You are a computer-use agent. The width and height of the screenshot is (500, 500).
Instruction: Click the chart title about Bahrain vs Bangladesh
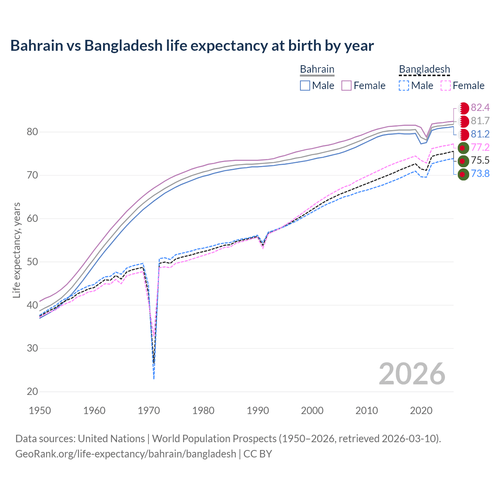point(192,46)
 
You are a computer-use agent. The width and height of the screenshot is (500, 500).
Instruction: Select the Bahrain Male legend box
point(305,86)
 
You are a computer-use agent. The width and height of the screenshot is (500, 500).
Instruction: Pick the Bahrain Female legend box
point(346,86)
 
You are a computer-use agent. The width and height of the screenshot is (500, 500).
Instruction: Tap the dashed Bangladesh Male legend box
point(404,86)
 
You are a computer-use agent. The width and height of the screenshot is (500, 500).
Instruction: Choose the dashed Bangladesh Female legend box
point(446,86)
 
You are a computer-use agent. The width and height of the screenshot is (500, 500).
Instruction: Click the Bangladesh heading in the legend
point(424,70)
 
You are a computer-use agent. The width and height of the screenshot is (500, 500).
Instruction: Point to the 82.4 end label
point(480,107)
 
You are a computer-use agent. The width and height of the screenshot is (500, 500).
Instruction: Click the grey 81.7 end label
point(480,121)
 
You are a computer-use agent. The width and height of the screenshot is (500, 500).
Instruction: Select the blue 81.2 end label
point(480,134)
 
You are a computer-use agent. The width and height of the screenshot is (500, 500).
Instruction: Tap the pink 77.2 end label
point(480,147)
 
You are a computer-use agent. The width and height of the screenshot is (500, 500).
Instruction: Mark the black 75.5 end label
point(480,161)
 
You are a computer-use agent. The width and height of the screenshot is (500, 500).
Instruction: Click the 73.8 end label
point(480,174)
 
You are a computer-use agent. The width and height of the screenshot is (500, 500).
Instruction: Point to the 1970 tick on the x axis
point(149,411)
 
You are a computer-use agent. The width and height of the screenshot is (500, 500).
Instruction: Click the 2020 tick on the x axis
point(421,411)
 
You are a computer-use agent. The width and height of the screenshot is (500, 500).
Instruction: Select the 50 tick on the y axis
point(32,262)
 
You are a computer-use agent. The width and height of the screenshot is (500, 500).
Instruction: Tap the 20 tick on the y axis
point(32,391)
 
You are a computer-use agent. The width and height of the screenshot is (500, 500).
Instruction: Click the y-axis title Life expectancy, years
point(16,250)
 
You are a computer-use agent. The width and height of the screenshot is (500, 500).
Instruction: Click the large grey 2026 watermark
point(412,374)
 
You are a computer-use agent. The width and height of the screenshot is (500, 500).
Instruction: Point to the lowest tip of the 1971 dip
point(154,379)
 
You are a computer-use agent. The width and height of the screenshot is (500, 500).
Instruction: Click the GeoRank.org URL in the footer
point(125,454)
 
